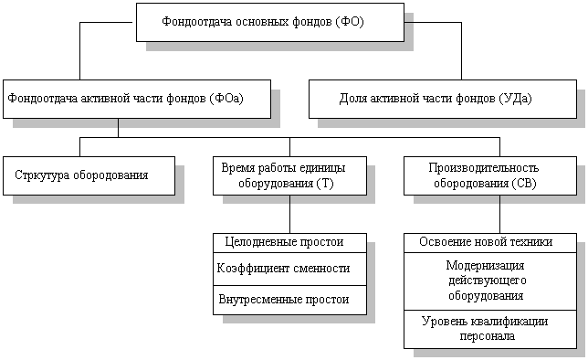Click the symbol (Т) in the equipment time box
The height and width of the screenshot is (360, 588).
(325, 184)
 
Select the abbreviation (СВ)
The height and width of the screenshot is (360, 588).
(524, 184)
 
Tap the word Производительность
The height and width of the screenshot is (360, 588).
(484, 168)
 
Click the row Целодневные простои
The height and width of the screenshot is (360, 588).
(284, 242)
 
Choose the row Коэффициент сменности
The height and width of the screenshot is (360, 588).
(283, 268)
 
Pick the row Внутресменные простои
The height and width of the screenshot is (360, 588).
(284, 299)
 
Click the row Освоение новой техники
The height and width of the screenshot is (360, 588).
(486, 242)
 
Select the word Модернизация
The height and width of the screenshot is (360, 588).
(485, 266)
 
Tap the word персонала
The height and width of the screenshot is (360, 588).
(488, 335)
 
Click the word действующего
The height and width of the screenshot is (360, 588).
(488, 281)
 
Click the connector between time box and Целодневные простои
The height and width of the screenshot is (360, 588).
(289, 214)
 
